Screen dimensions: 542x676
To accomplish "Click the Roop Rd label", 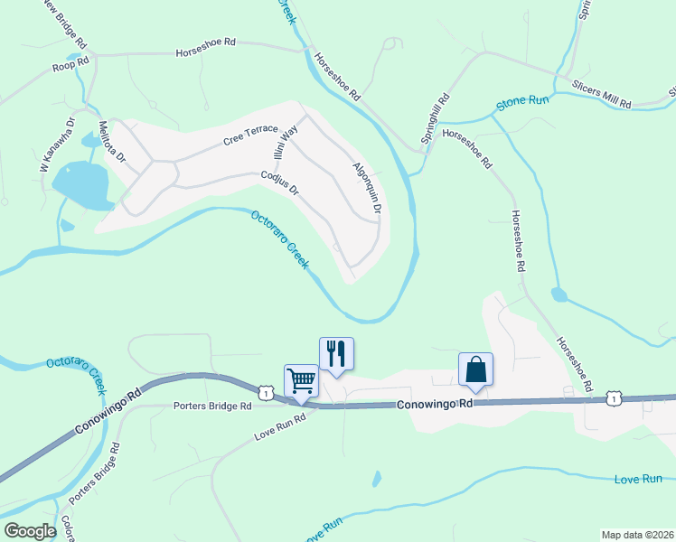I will [x=71, y=62].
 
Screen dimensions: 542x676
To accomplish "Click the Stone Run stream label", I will [x=522, y=104].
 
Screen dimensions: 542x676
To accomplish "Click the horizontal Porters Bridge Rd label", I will [x=211, y=406].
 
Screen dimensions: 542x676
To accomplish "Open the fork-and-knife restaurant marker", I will [x=336, y=352].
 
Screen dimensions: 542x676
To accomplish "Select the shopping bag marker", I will [x=475, y=368].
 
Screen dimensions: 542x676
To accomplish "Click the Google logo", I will [x=30, y=531].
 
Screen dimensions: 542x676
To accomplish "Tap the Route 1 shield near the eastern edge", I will [x=614, y=397].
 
